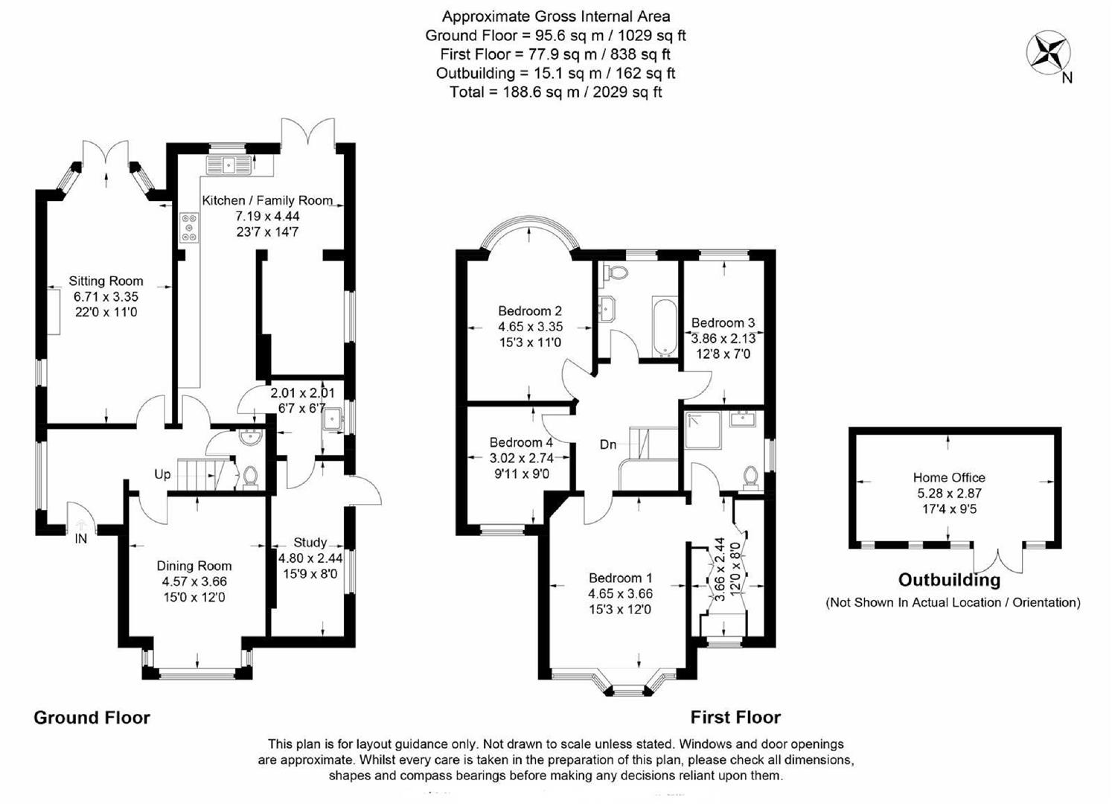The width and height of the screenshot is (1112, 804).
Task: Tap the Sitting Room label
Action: pyautogui.click(x=106, y=281)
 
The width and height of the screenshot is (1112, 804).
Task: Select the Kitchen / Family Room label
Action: pyautogui.click(x=267, y=200)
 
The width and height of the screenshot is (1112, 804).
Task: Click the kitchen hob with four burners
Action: pyautogui.click(x=189, y=227)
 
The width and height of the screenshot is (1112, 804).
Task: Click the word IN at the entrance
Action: pyautogui.click(x=80, y=538)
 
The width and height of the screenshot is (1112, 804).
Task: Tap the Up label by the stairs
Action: pyautogui.click(x=162, y=474)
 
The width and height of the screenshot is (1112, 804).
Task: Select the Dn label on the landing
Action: pyautogui.click(x=608, y=444)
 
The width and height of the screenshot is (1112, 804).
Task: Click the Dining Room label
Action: pyautogui.click(x=194, y=566)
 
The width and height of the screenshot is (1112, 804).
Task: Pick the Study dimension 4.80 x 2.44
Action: pyautogui.click(x=310, y=558)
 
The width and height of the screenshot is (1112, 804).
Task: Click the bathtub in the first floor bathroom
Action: pyautogui.click(x=664, y=328)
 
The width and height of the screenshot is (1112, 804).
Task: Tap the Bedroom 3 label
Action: pyautogui.click(x=723, y=322)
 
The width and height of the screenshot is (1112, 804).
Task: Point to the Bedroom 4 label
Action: pyautogui.click(x=521, y=442)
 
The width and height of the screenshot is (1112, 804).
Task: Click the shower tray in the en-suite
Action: pyautogui.click(x=703, y=430)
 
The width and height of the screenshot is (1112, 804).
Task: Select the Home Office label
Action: pyautogui.click(x=949, y=477)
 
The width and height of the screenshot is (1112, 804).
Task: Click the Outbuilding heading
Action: pyautogui.click(x=949, y=580)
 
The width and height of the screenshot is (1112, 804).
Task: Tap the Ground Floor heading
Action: pyautogui.click(x=92, y=718)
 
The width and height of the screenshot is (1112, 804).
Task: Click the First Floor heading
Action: pyautogui.click(x=735, y=717)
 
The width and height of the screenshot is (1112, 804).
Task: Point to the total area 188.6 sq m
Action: pyautogui.click(x=555, y=92)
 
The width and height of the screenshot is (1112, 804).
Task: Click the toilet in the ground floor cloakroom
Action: pyautogui.click(x=250, y=476)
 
